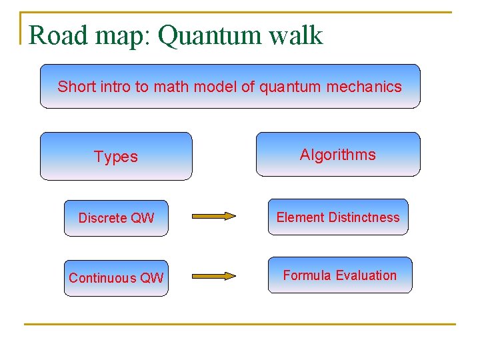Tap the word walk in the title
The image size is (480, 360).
pyautogui.click(x=296, y=35)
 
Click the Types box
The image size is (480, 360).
pyautogui.click(x=116, y=157)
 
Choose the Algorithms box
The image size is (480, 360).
pyautogui.click(x=338, y=155)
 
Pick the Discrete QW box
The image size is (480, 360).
pyautogui.click(x=116, y=218)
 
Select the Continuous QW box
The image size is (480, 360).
pyautogui.click(x=116, y=278)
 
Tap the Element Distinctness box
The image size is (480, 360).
pyautogui.click(x=338, y=217)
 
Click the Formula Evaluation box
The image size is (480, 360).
pyautogui.click(x=340, y=275)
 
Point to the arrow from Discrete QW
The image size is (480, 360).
pyautogui.click(x=214, y=216)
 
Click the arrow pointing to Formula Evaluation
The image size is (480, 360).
pyautogui.click(x=214, y=275)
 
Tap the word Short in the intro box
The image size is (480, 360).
pyautogui.click(x=74, y=87)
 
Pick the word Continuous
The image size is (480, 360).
pyautogui.click(x=102, y=278)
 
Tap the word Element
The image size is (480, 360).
pyautogui.click(x=300, y=217)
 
